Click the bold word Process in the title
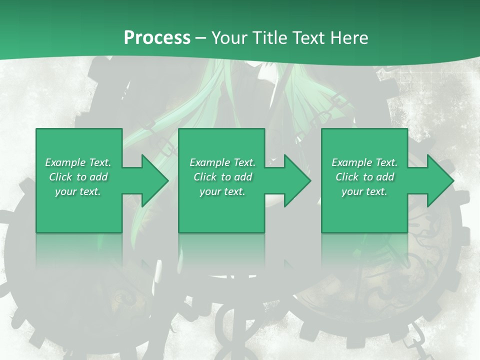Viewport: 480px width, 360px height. point(157,38)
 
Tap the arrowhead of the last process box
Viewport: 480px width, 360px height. point(439,180)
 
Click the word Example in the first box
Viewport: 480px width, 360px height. point(65,162)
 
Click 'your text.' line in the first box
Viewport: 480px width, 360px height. point(78,191)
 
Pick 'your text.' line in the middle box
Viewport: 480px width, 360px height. point(222,191)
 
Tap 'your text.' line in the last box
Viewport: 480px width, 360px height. point(364,191)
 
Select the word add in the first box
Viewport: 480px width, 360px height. point(98,177)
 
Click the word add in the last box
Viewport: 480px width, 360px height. point(385,177)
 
